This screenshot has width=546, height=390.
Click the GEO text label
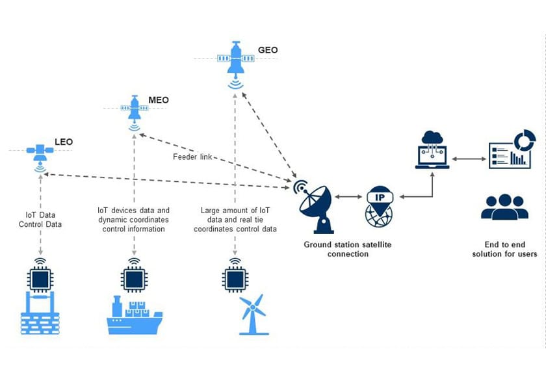point(268,49)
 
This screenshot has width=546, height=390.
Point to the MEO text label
point(159,100)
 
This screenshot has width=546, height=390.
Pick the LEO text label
point(64,142)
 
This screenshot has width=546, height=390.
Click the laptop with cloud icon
point(432,150)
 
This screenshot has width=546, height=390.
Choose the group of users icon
point(504,207)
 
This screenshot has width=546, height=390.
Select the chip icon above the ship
point(134,278)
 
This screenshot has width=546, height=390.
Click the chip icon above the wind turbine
point(235,278)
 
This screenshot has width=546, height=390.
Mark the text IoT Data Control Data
point(41,219)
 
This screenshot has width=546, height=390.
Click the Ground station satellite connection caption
point(348,249)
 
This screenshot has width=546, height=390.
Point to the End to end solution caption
point(504,249)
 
